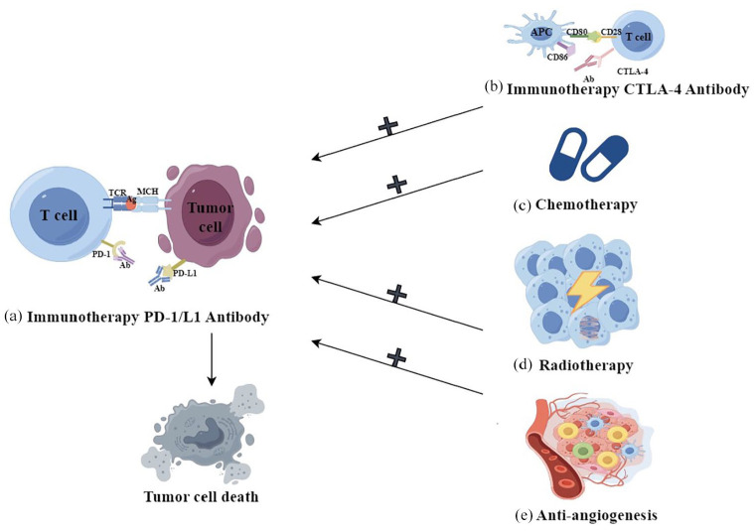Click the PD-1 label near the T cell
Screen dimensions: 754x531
tap(101, 255)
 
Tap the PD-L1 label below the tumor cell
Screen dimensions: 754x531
tap(185, 273)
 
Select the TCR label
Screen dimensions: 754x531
tap(117, 193)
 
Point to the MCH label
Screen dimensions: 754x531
tap(148, 192)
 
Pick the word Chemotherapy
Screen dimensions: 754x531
tap(586, 204)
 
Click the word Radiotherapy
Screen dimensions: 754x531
tap(586, 365)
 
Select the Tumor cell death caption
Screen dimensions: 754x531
tap(201, 496)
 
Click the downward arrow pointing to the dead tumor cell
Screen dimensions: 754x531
tap(212, 359)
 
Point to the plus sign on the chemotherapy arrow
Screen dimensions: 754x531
tap(397, 184)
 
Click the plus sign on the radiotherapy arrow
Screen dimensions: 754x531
tap(397, 294)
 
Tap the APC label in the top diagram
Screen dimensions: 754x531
tap(541, 32)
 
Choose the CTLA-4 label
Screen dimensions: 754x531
tap(633, 71)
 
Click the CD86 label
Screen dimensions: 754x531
tap(557, 57)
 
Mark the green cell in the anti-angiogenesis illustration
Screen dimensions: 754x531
tap(583, 451)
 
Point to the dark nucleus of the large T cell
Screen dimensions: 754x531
tap(59, 214)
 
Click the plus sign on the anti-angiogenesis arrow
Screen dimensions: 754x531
tap(397, 358)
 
